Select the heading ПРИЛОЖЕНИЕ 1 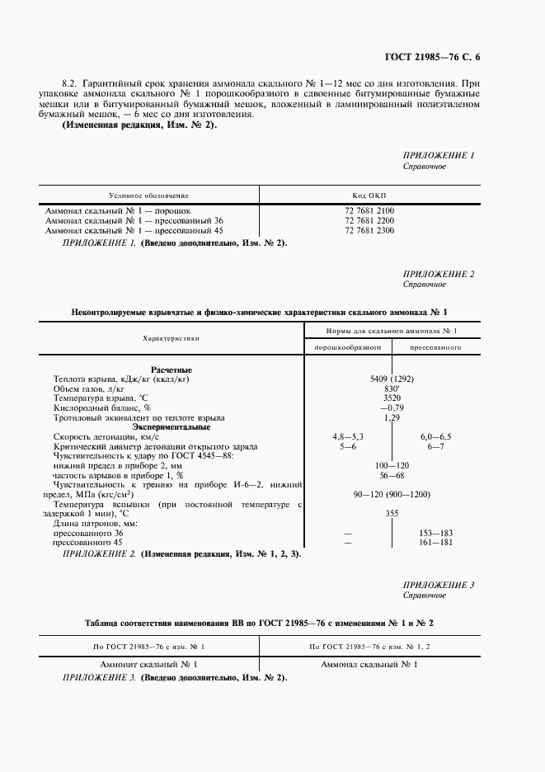pos(438,155)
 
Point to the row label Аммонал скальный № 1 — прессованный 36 pos(134,221)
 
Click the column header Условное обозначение pos(149,195)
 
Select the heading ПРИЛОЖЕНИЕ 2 pos(438,273)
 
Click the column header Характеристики pos(171,338)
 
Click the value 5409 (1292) pos(392,379)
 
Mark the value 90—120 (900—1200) pos(391,493)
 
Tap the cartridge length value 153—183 pos(435,534)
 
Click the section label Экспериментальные pos(171,426)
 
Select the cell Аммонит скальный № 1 pos(149,664)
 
